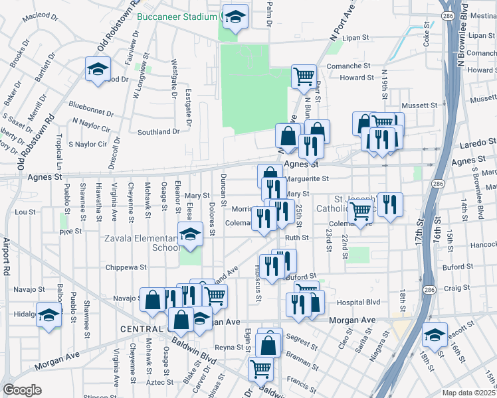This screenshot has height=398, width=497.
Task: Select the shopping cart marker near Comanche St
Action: (x=304, y=76)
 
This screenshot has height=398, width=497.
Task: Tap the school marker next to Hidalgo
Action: (x=49, y=314)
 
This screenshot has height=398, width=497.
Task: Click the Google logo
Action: (x=22, y=390)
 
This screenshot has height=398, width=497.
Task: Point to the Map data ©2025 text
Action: (x=468, y=393)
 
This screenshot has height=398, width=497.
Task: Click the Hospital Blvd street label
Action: (x=359, y=302)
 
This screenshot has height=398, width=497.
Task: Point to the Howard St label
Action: (x=357, y=78)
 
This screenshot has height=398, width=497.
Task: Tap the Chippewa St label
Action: (x=125, y=267)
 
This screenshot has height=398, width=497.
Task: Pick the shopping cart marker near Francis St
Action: (x=261, y=368)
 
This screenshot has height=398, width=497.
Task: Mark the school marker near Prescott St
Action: (x=435, y=335)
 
